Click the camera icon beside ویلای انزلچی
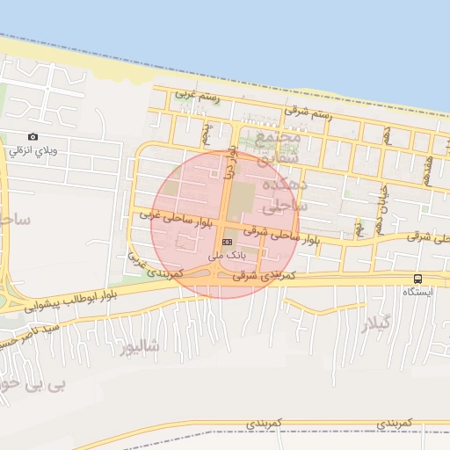33,136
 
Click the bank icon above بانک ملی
228,241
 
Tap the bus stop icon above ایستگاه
417,279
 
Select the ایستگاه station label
417,292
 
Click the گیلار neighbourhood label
375,325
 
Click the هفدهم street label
428,160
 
